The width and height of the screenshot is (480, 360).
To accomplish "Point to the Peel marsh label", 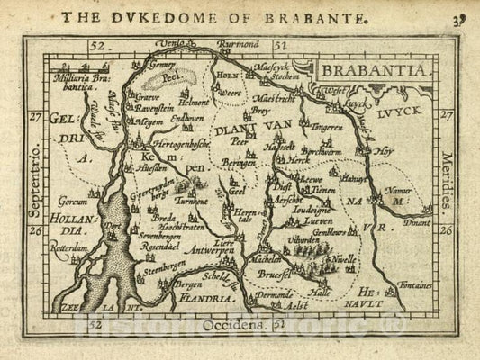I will click(170, 79).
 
